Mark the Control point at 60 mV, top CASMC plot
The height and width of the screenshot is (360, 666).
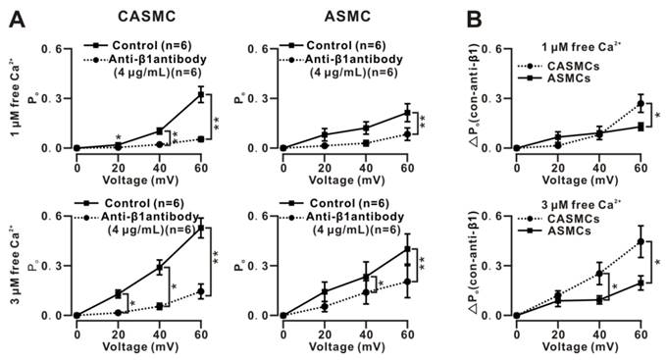coord(200,95)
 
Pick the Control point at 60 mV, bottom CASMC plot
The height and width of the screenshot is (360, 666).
coord(200,230)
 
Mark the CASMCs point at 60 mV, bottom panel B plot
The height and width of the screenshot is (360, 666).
coord(640,241)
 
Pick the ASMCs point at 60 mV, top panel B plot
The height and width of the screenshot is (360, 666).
coord(640,127)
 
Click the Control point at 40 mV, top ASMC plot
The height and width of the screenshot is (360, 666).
coord(367,128)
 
